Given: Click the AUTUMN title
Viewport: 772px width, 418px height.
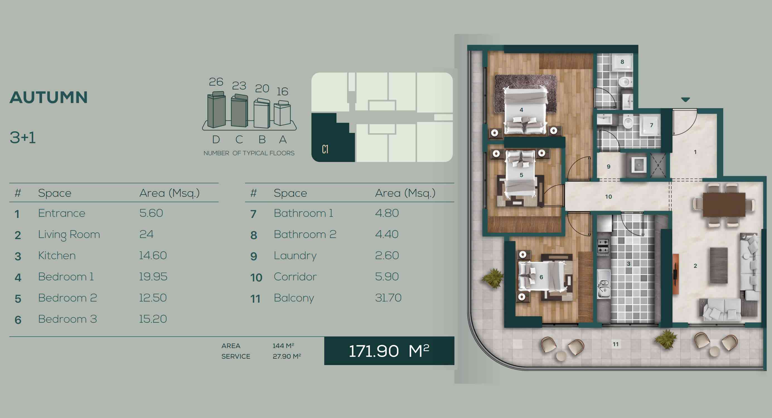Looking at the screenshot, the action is (x=49, y=97).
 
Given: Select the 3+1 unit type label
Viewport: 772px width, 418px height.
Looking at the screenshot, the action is (x=23, y=138).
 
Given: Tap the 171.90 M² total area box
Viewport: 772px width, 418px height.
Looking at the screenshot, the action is (x=389, y=351).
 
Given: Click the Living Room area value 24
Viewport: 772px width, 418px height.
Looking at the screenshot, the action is (x=146, y=234).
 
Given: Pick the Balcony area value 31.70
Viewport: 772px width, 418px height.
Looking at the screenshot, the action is (x=388, y=298).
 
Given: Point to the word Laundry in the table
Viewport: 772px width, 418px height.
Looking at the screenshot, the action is (x=295, y=256).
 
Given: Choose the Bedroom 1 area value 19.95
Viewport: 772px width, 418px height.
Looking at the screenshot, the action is (x=153, y=276).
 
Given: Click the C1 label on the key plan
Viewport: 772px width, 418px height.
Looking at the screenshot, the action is (x=325, y=149).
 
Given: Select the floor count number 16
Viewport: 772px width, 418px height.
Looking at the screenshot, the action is (x=282, y=91).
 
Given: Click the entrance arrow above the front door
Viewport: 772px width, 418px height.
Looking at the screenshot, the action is (x=685, y=99).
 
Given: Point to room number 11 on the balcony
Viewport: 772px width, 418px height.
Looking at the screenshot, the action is (x=616, y=344).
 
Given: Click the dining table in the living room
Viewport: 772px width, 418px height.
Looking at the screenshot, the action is (x=724, y=204).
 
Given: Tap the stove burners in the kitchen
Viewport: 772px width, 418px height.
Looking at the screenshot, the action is (x=603, y=246).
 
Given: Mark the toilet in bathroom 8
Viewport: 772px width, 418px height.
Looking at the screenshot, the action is (x=625, y=81).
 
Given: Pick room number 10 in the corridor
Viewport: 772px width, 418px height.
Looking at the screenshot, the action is (x=608, y=197).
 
